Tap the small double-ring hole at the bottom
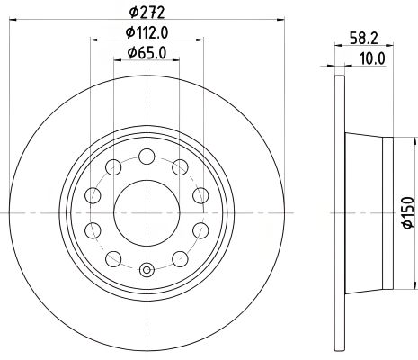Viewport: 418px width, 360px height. [146, 267]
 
